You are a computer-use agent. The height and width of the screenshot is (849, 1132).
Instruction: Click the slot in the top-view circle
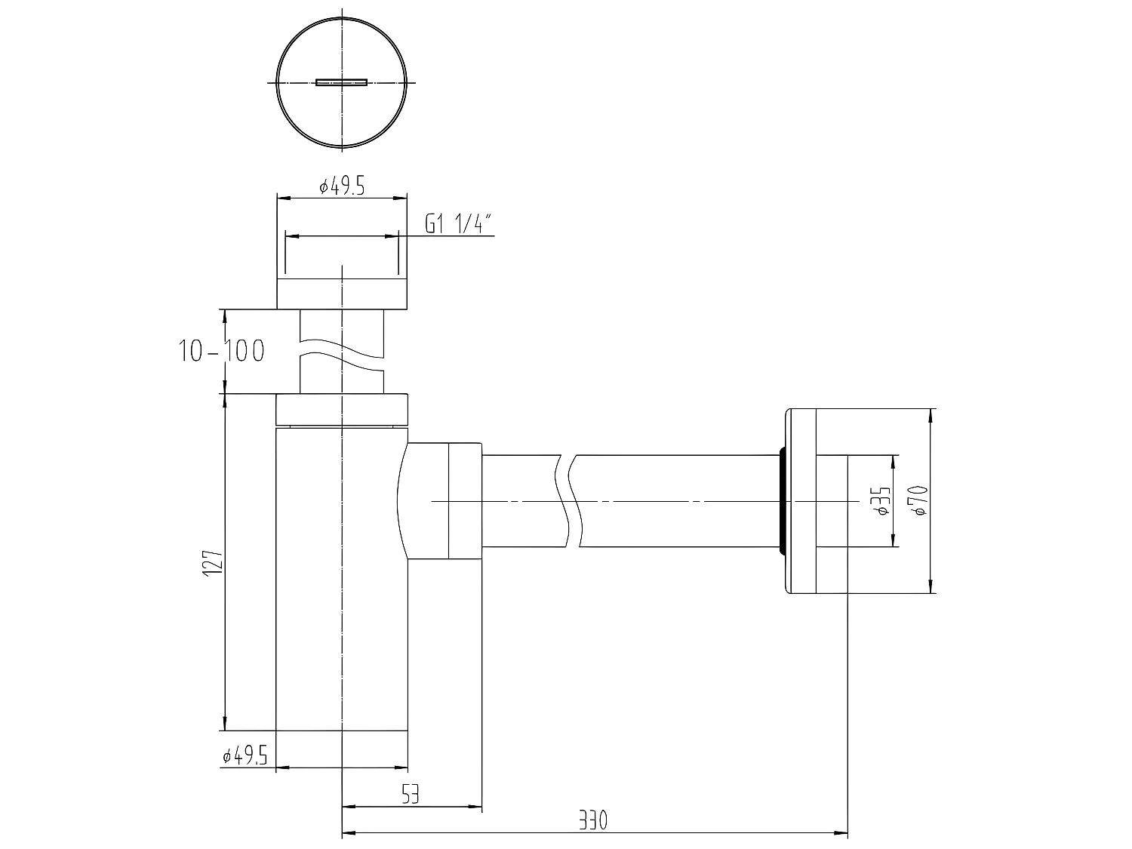341,82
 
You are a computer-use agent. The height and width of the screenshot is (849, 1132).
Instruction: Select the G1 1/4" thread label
458,224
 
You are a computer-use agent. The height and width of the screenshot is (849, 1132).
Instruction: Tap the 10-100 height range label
221,351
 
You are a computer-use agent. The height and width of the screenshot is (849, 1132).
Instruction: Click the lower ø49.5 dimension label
245,755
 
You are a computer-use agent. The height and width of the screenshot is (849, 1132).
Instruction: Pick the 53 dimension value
410,794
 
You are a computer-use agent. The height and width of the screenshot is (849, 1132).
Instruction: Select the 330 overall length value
594,820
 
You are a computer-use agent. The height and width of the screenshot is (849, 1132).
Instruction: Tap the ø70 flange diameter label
919,500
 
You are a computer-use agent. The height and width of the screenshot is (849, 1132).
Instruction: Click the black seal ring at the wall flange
782,500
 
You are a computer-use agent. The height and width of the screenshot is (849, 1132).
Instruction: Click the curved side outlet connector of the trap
438,500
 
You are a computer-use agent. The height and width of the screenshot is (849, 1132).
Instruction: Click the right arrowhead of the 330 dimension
842,834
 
